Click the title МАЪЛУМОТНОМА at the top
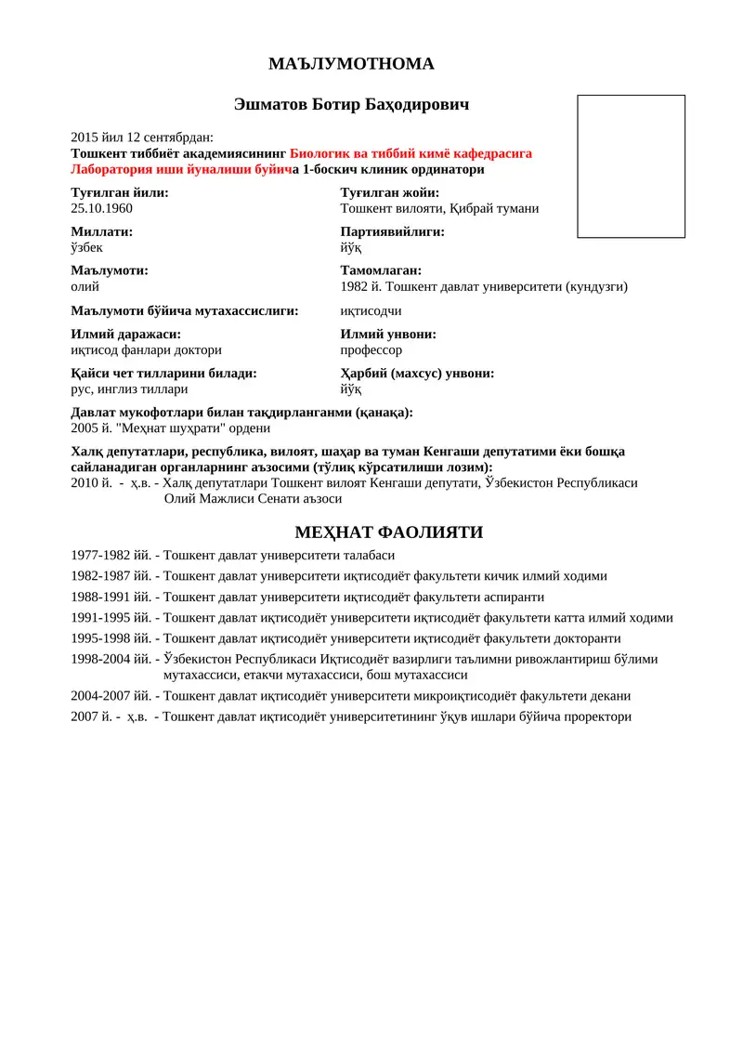click(x=351, y=64)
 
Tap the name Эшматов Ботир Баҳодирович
click(x=351, y=105)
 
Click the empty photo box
click(x=631, y=166)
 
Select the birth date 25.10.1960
click(x=101, y=209)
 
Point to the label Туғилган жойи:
click(x=389, y=193)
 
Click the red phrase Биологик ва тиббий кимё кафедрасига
click(x=411, y=153)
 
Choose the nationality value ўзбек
click(x=87, y=248)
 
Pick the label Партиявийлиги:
click(x=392, y=232)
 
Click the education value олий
click(x=85, y=287)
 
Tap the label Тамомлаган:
click(x=381, y=271)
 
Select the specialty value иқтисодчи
click(x=371, y=310)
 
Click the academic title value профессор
click(x=371, y=350)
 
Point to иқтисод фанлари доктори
click(x=146, y=350)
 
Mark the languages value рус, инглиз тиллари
click(x=129, y=389)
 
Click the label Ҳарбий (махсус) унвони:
click(x=417, y=374)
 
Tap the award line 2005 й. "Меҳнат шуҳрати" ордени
click(x=170, y=428)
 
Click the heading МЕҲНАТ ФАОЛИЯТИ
click(x=388, y=532)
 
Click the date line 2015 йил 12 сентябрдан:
click(x=141, y=138)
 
